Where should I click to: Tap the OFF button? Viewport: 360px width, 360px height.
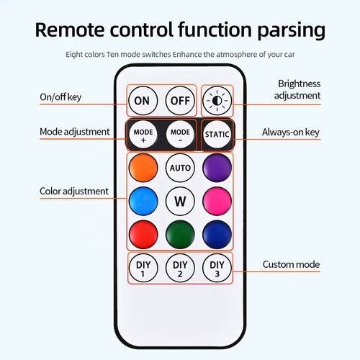[x=180, y=101]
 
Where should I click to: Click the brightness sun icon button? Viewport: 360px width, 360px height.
[x=217, y=101]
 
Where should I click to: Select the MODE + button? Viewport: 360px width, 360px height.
[x=143, y=134]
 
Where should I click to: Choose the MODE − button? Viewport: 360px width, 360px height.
[x=180, y=134]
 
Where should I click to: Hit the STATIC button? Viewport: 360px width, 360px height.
[x=217, y=134]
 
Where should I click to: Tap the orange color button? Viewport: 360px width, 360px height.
[x=143, y=168]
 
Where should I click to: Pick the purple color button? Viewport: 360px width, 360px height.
[x=217, y=168]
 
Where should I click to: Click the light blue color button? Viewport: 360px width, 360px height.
[x=143, y=201]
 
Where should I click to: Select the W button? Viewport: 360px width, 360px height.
[x=180, y=201]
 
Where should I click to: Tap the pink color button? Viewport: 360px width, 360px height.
[x=217, y=201]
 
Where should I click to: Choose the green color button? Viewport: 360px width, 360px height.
[x=180, y=235]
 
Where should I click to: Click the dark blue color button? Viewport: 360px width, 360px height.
[x=217, y=235]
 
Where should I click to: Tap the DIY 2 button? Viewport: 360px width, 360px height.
[x=180, y=268]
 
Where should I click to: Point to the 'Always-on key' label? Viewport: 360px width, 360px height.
[x=291, y=132]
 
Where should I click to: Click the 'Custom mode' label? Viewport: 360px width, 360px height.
[x=291, y=264]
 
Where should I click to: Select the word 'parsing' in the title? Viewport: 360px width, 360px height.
[x=292, y=30]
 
